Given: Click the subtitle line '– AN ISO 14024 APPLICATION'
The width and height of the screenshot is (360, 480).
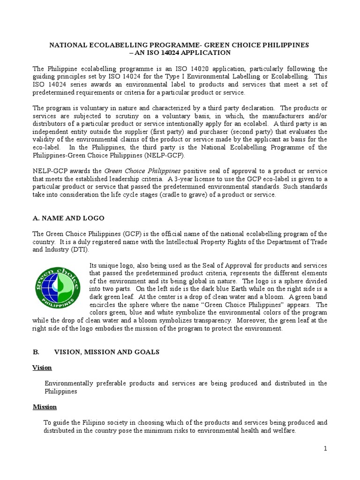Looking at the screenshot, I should tap(180, 53).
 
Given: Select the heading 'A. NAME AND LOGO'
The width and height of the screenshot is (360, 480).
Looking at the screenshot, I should tap(68, 218).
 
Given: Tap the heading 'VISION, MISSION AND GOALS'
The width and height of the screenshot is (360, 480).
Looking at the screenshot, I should tap(107, 352).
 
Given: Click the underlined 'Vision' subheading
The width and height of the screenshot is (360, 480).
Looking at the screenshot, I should tap(42, 367).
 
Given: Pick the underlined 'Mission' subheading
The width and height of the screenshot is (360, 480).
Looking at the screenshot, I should tap(45, 407).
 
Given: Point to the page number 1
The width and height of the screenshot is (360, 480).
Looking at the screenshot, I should tap(325, 449).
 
